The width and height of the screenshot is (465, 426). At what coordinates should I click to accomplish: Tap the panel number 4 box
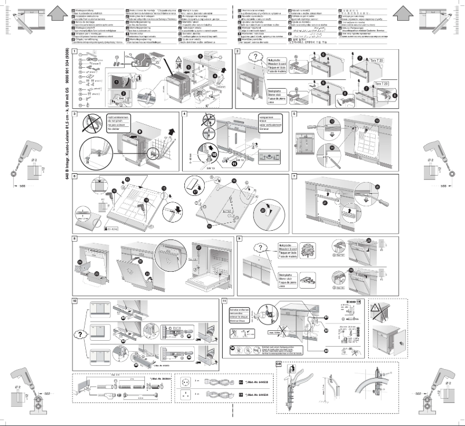click(184, 114)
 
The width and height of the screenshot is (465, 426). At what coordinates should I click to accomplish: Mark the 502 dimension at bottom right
click(416, 392)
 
